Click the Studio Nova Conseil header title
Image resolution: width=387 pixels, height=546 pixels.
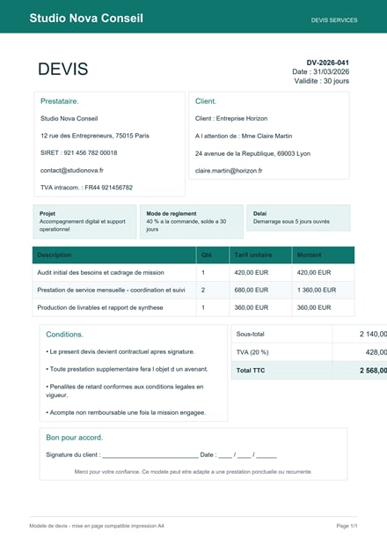[x=86, y=18]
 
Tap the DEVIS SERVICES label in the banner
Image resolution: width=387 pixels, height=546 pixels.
[x=334, y=19]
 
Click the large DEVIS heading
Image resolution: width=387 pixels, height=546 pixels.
[x=62, y=70]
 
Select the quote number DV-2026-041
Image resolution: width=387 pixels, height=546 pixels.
[x=327, y=63]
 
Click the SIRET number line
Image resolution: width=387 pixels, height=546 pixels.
[x=78, y=152]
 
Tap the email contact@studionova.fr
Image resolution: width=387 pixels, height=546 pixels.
[x=72, y=170]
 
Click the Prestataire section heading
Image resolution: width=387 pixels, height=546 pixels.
[x=60, y=101]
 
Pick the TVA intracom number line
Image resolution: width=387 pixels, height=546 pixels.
[x=86, y=188]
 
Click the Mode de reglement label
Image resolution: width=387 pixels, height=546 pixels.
[x=172, y=213]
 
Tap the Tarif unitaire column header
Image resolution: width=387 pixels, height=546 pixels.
[x=251, y=255]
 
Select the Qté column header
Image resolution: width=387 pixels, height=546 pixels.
[x=207, y=255]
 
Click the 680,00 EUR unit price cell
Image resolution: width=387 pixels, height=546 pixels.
[x=251, y=290]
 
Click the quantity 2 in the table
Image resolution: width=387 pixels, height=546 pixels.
[x=203, y=290]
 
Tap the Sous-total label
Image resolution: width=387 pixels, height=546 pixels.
[x=252, y=334]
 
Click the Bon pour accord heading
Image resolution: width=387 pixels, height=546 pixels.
[x=75, y=437]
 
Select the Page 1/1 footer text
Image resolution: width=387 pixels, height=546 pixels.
[x=347, y=526]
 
